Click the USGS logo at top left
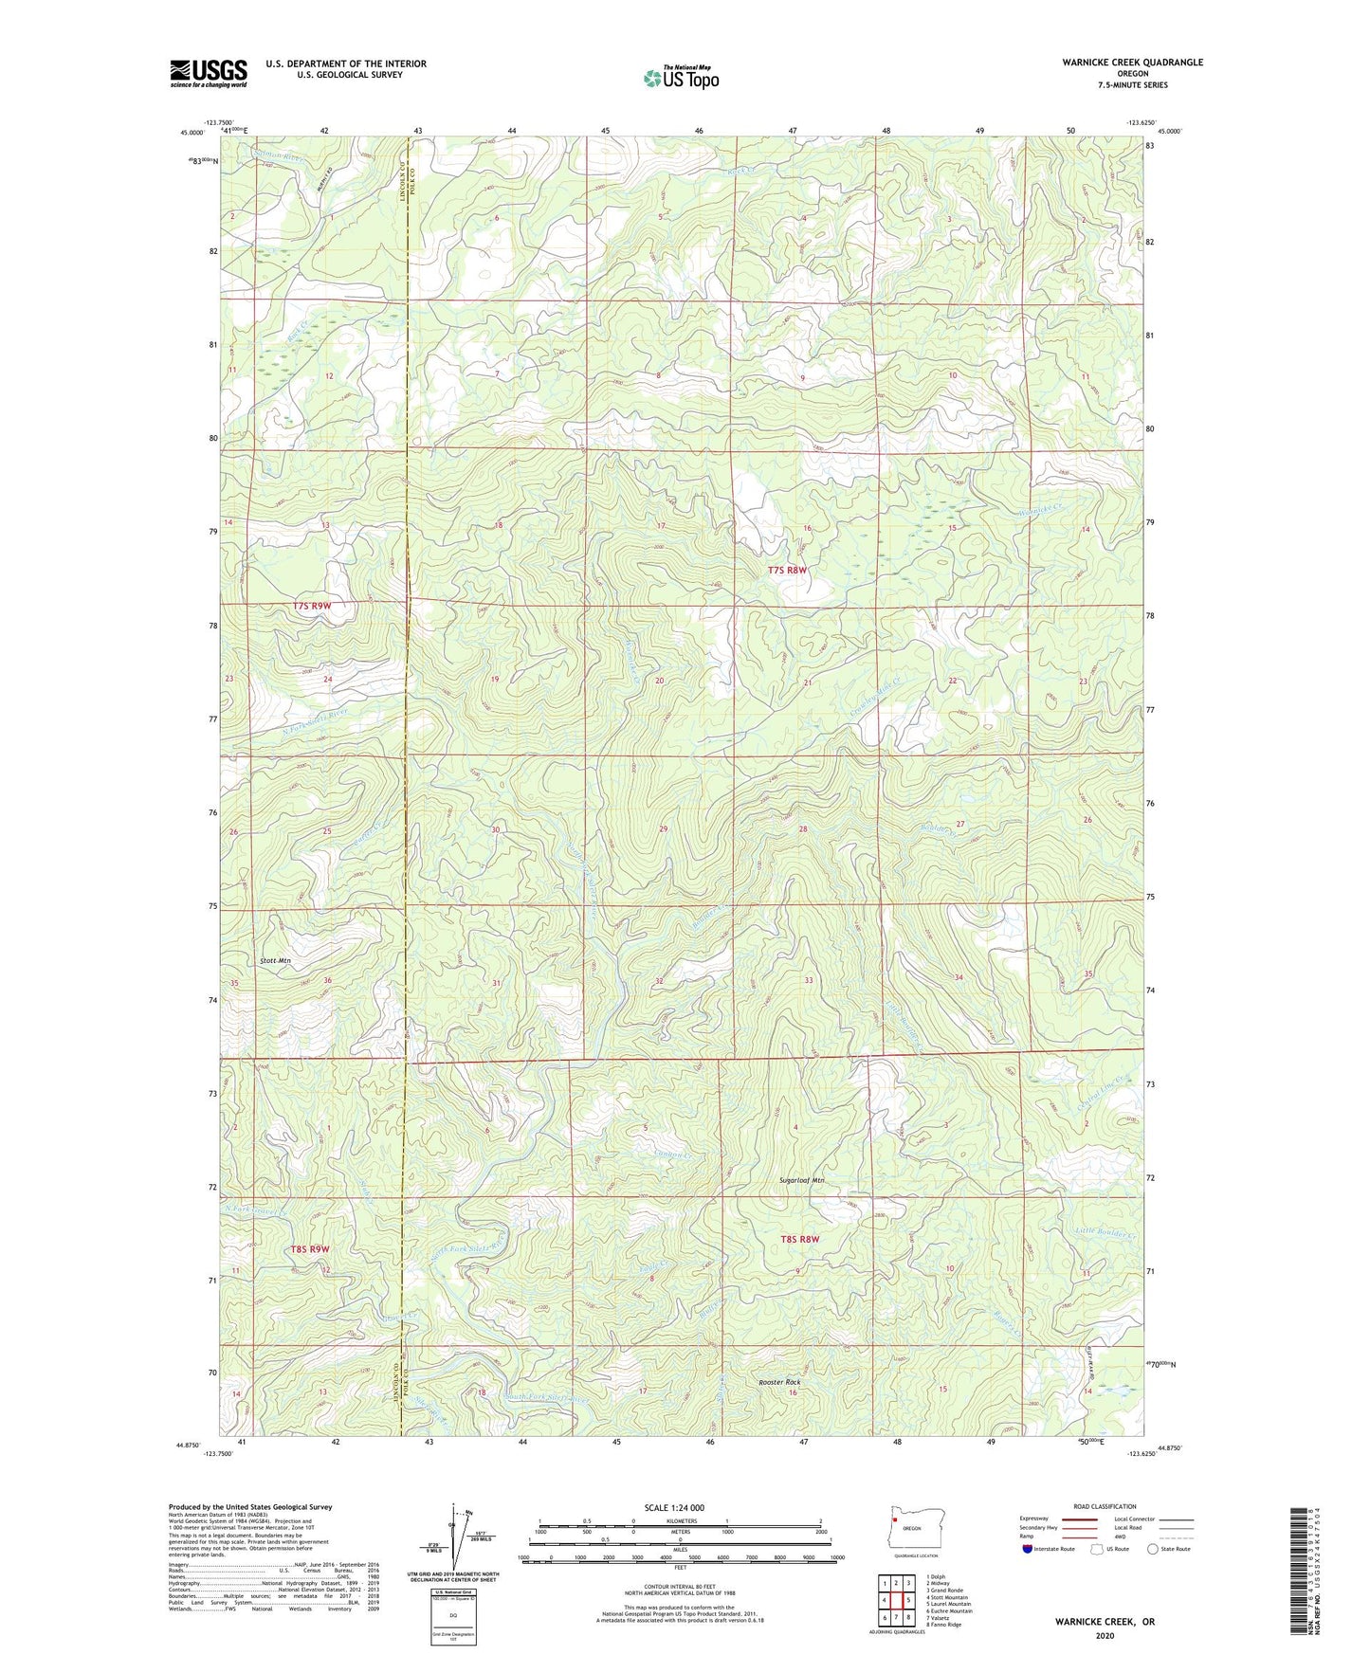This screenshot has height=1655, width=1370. pyautogui.click(x=209, y=73)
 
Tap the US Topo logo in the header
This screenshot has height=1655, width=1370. pyautogui.click(x=680, y=78)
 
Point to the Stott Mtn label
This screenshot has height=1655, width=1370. pyautogui.click(x=275, y=961)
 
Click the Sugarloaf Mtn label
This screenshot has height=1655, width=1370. pyautogui.click(x=802, y=1181)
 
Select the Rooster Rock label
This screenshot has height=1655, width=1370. pyautogui.click(x=779, y=1382)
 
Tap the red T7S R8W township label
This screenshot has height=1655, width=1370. pyautogui.click(x=787, y=571)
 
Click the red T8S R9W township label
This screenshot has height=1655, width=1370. pyautogui.click(x=310, y=1249)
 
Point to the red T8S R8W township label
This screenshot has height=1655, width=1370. pyautogui.click(x=799, y=1239)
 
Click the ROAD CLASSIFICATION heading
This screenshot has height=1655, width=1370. pyautogui.click(x=1105, y=1506)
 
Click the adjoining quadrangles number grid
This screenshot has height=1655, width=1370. pyautogui.click(x=896, y=1603)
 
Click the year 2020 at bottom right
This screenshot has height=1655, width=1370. pyautogui.click(x=1105, y=1635)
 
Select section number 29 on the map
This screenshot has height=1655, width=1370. pyautogui.click(x=664, y=829)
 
